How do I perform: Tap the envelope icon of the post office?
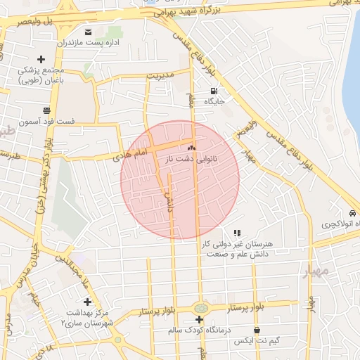click(87, 32)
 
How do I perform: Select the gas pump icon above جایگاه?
click(214, 91)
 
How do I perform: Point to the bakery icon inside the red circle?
click(191, 148)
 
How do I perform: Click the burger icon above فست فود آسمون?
click(46, 110)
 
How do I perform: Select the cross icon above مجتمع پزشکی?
click(41, 59)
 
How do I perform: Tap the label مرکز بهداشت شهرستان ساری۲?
click(86, 316)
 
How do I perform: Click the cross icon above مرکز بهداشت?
click(86, 301)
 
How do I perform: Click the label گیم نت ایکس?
click(257, 340)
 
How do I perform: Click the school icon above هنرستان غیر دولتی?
click(237, 232)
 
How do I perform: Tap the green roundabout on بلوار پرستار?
click(201, 307)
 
